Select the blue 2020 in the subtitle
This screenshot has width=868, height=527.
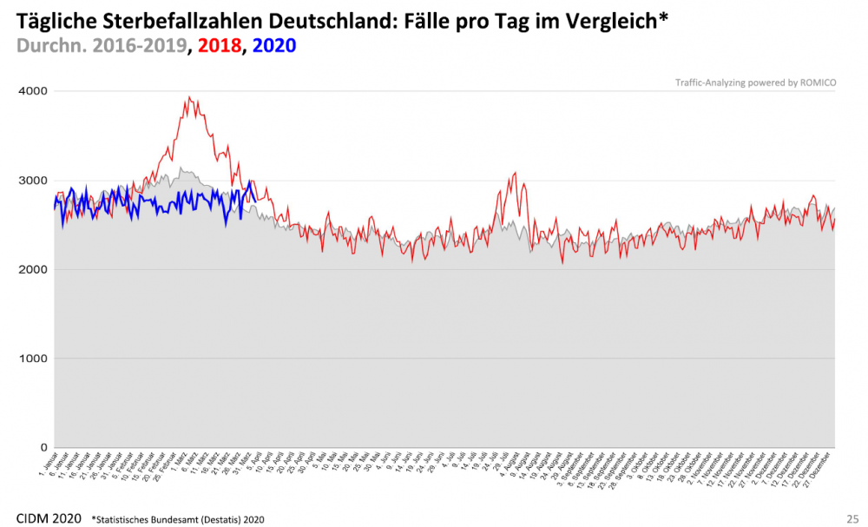click(x=272, y=44)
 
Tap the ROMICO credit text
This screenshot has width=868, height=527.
click(x=754, y=83)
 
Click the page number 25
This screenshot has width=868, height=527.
click(x=852, y=518)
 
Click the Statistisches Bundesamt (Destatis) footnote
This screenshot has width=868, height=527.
click(x=178, y=519)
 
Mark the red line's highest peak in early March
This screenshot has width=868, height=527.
click(x=189, y=97)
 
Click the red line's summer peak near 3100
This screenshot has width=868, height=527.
click(x=515, y=173)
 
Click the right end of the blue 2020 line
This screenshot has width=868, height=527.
click(x=253, y=195)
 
